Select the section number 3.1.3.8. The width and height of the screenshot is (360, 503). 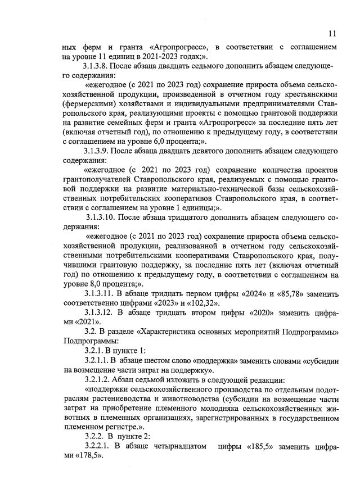pyautogui.click(x=100, y=66)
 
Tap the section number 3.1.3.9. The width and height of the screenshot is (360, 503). pyautogui.click(x=100, y=152)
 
